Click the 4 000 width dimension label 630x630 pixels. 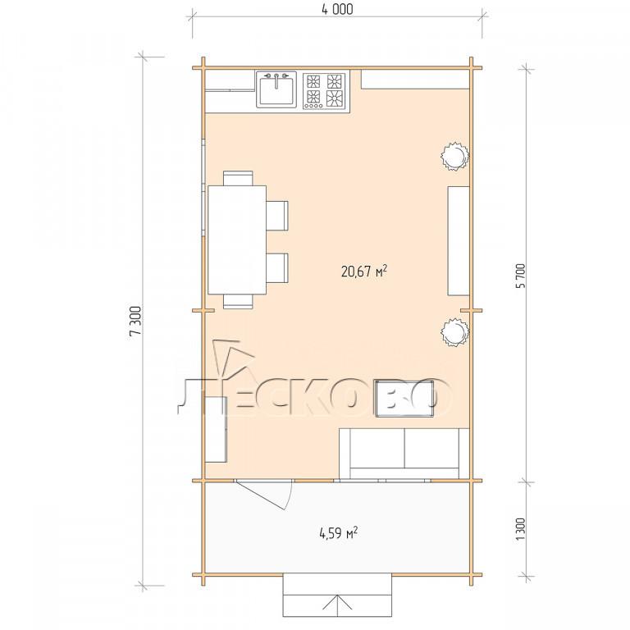click(x=337, y=10)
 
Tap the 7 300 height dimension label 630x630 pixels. click(x=135, y=321)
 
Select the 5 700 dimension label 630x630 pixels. click(x=521, y=276)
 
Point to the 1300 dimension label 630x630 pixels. click(x=521, y=529)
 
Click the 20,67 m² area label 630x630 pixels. click(x=364, y=272)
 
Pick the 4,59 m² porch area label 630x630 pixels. click(x=338, y=533)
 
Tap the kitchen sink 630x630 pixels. click(x=276, y=89)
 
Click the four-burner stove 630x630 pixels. click(x=324, y=91)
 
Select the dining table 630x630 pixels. click(x=237, y=240)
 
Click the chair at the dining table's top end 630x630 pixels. click(x=238, y=178)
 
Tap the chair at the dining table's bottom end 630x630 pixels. click(x=238, y=301)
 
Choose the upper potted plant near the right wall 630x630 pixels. click(x=455, y=156)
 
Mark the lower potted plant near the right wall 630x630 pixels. click(x=454, y=332)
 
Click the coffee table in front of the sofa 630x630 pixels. click(x=404, y=399)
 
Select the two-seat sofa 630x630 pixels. click(x=404, y=453)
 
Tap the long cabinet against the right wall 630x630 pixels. click(x=459, y=240)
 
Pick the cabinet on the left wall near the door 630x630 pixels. click(x=217, y=430)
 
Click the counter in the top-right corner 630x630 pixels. click(x=415, y=80)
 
